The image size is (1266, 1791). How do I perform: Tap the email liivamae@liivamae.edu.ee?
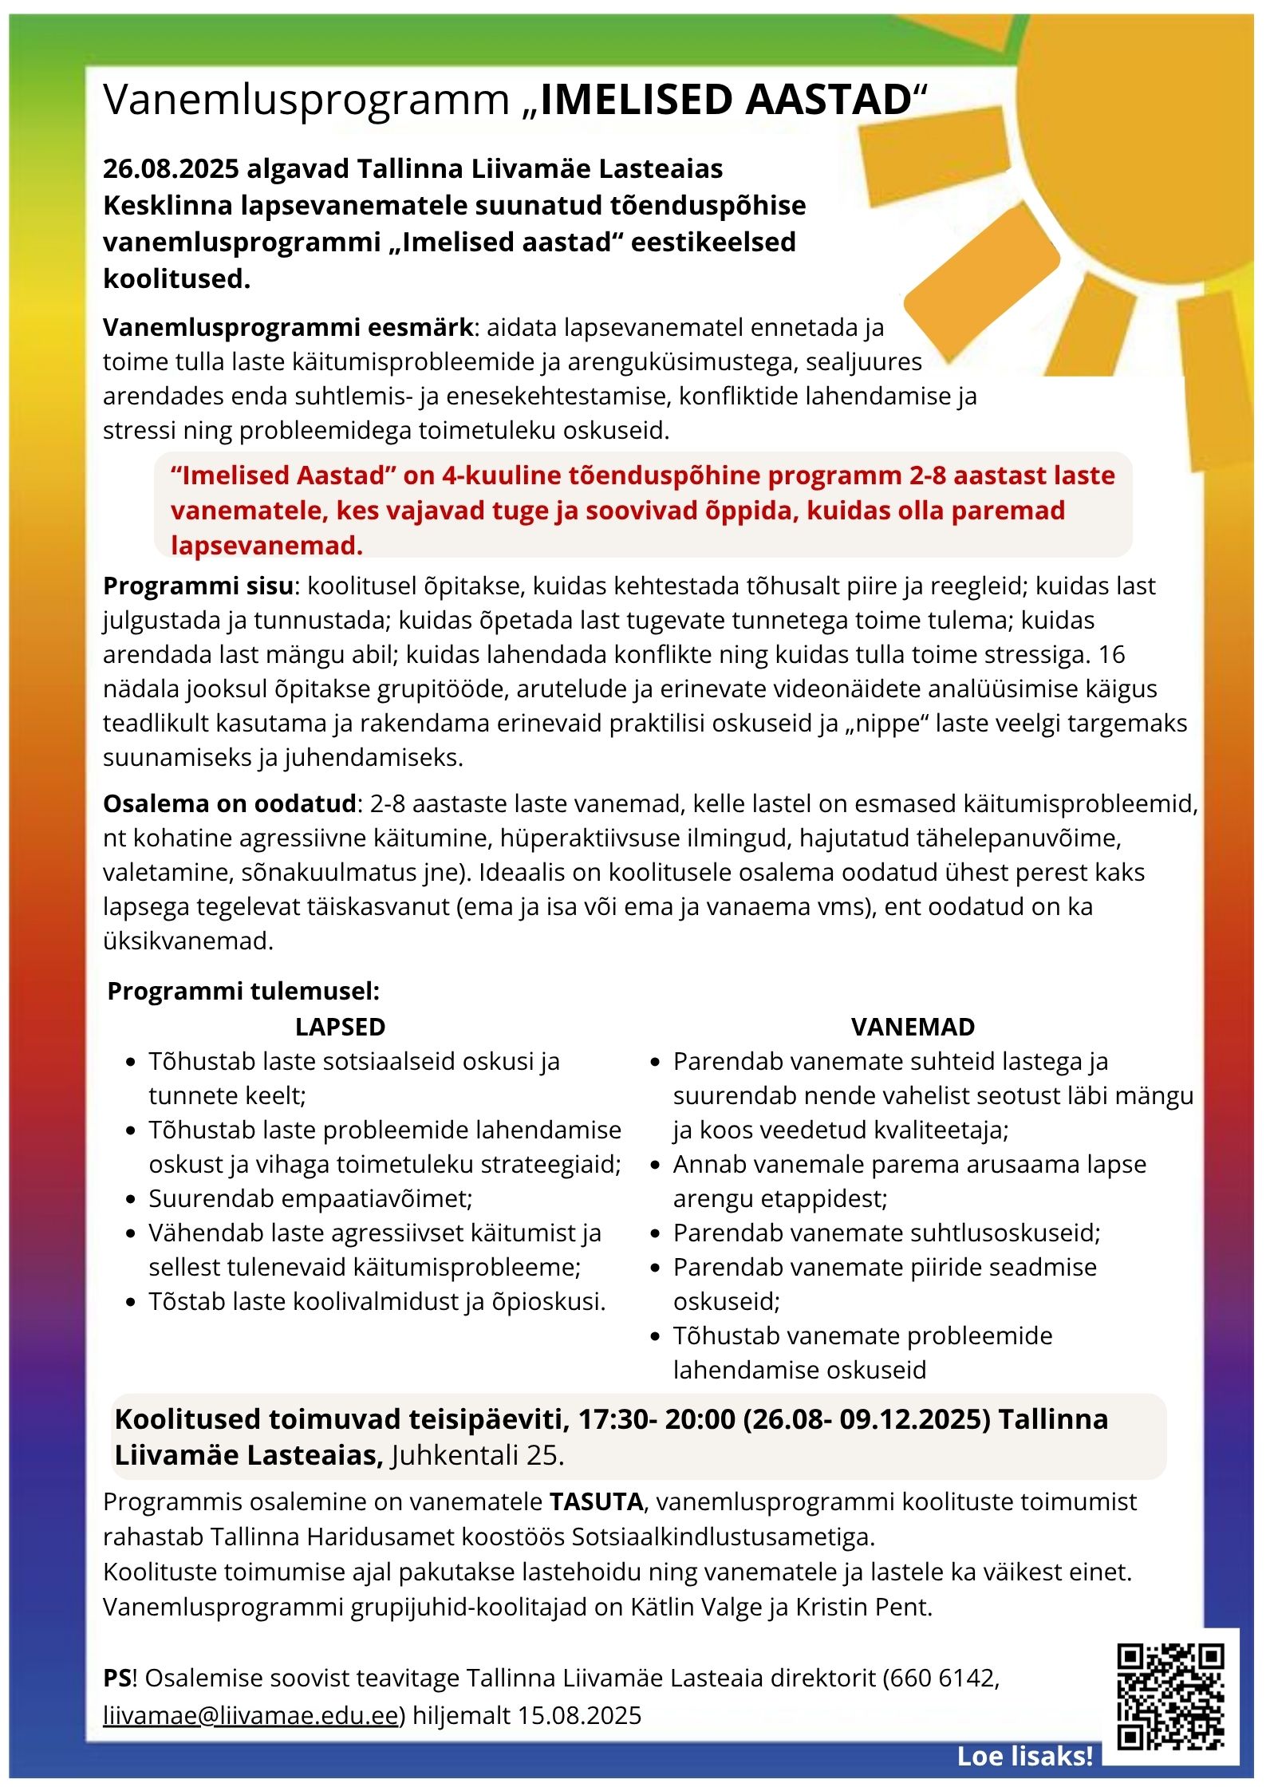pyautogui.click(x=250, y=1714)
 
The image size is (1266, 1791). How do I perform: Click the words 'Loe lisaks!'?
pyautogui.click(x=1024, y=1756)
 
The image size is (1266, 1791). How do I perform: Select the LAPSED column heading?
pyautogui.click(x=340, y=1027)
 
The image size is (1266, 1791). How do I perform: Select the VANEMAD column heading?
pyautogui.click(x=913, y=1027)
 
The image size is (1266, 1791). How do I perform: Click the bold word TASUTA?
pyautogui.click(x=596, y=1501)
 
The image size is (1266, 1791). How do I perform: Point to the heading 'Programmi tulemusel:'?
pyautogui.click(x=243, y=991)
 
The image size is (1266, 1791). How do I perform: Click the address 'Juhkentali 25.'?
pyautogui.click(x=477, y=1455)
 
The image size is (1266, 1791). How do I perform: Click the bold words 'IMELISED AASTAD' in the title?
pyautogui.click(x=726, y=101)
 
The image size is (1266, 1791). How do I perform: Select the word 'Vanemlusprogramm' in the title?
pyautogui.click(x=306, y=101)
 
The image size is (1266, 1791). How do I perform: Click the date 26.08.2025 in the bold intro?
pyautogui.click(x=171, y=169)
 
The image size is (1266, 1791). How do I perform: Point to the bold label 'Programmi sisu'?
pyautogui.click(x=199, y=586)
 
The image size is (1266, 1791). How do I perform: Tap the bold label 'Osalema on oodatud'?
pyautogui.click(x=230, y=803)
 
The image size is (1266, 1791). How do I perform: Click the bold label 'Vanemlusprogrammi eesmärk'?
pyautogui.click(x=289, y=327)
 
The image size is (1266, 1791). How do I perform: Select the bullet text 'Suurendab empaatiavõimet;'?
pyautogui.click(x=310, y=1198)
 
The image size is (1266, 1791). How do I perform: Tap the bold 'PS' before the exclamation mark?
pyautogui.click(x=116, y=1678)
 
